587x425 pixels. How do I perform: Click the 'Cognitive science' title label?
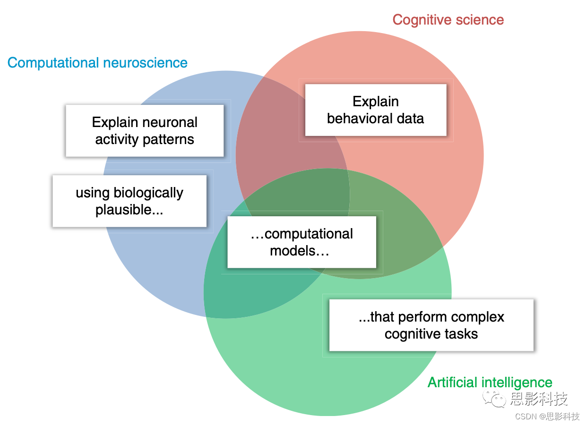(448, 20)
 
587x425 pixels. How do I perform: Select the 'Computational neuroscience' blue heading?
(97, 63)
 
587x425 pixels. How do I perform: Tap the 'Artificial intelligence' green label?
(490, 382)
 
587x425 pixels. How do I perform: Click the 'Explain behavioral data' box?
(376, 110)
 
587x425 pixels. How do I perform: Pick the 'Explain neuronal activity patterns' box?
(145, 131)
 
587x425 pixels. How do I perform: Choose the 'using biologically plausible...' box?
(129, 201)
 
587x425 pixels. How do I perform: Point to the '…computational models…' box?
(302, 242)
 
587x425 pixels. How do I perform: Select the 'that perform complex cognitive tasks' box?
(431, 325)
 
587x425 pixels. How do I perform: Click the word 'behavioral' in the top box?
(359, 118)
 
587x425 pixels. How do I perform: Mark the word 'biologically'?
(148, 193)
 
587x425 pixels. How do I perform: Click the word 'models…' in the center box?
(299, 251)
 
